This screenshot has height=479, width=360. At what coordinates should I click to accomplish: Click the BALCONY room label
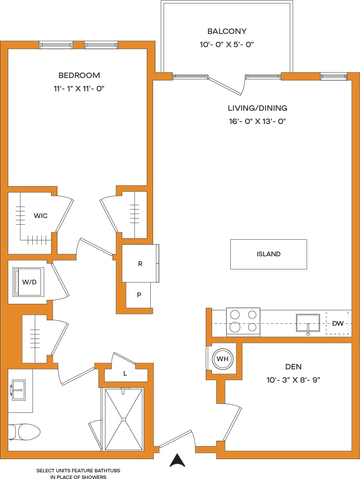tap(226, 31)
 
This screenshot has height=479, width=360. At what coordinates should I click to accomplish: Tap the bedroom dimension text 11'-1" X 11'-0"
tap(79, 89)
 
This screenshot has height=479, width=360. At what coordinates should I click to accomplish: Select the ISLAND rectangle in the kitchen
tap(268, 254)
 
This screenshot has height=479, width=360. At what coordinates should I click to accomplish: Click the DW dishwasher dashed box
tap(337, 323)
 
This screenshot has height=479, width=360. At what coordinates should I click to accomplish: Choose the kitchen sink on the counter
tap(308, 322)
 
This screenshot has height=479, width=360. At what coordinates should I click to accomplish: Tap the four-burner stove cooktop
tap(243, 321)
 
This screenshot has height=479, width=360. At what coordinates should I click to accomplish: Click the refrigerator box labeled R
tap(140, 264)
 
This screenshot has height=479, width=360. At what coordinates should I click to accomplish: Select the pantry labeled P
tap(139, 295)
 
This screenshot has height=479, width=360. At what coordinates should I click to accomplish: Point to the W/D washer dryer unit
tap(29, 282)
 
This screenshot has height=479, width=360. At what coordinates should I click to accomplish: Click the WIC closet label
tap(41, 216)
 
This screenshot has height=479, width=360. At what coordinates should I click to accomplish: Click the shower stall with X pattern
tap(123, 419)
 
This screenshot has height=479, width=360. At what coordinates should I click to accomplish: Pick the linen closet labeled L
tap(125, 373)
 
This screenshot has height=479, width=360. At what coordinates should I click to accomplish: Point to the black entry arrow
tap(177, 460)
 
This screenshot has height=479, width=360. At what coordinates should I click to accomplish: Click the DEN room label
tap(293, 367)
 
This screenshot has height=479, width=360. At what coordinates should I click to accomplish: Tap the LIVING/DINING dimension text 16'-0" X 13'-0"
tap(258, 121)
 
